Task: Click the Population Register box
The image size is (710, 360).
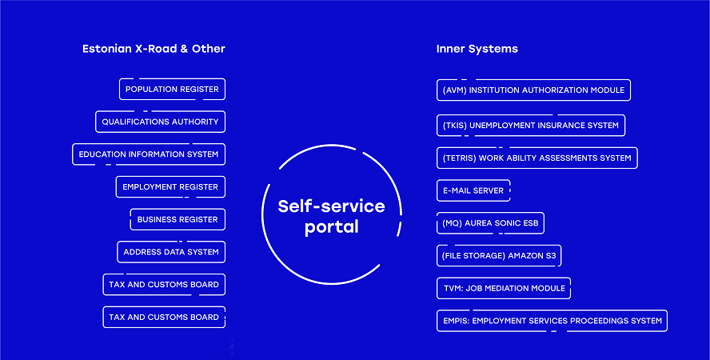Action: [172, 90]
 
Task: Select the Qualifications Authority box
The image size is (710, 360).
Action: [160, 122]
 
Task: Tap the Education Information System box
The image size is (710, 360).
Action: [149, 154]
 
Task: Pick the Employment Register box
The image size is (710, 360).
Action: [170, 187]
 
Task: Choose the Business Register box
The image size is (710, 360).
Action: [177, 220]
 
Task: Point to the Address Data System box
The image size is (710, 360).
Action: [171, 252]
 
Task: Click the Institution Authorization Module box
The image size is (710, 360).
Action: [533, 90]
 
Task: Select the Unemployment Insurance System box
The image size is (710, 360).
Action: [531, 126]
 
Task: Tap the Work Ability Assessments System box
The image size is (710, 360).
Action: [537, 158]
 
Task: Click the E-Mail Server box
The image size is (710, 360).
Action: [473, 190]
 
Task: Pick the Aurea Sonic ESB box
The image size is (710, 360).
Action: [490, 223]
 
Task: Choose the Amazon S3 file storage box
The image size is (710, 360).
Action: [499, 256]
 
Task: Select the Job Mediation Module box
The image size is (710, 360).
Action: [504, 289]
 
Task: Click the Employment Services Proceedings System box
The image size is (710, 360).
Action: [552, 321]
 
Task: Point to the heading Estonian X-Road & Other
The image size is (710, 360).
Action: [154, 49]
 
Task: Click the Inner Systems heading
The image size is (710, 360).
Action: [477, 49]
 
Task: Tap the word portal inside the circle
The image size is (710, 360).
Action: [332, 227]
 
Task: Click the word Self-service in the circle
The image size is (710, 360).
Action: [332, 206]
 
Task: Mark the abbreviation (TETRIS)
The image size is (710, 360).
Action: [459, 158]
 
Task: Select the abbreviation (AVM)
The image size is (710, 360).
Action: [454, 90]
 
